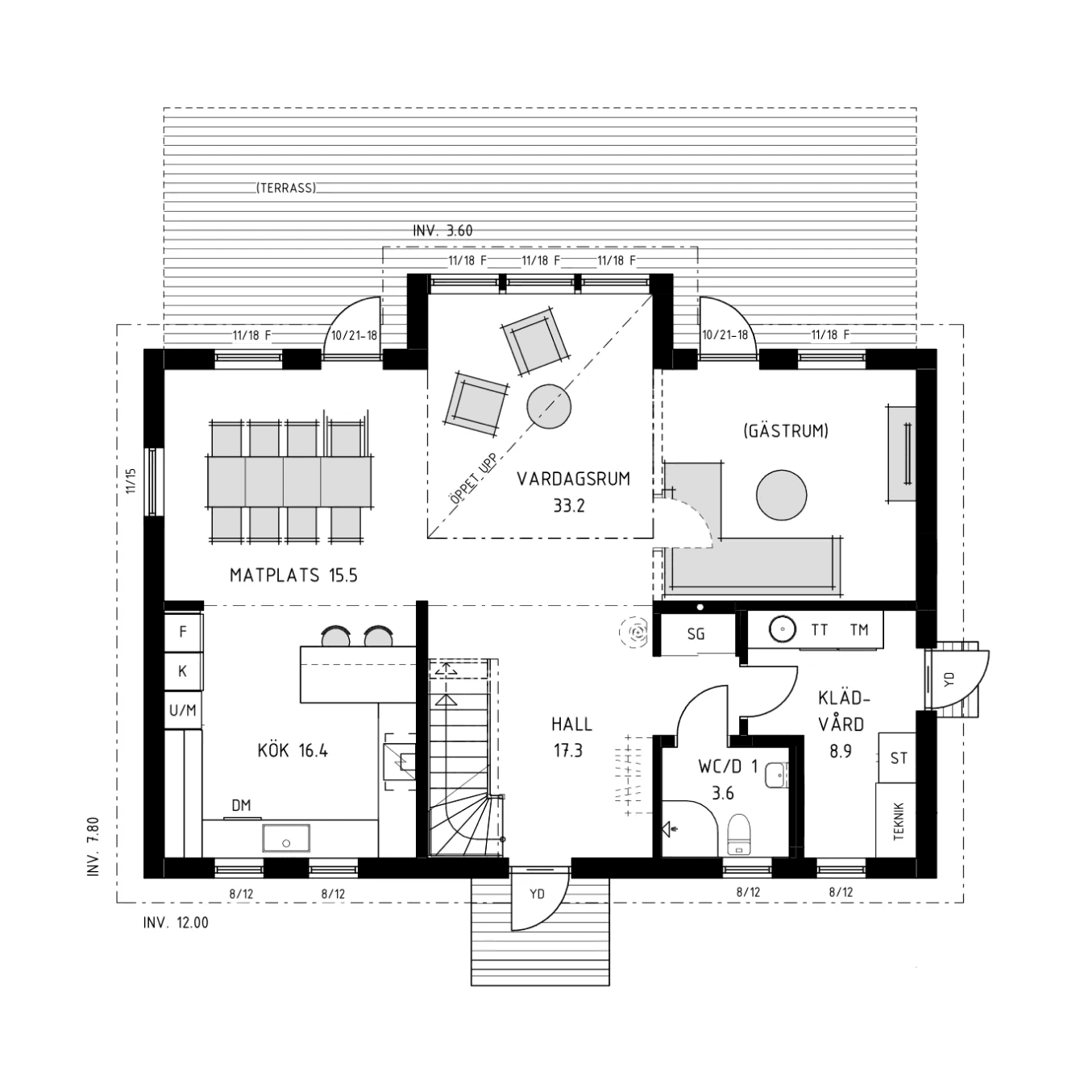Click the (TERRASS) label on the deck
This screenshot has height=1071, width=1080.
[286, 188]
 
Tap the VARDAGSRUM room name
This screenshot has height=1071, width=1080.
[573, 479]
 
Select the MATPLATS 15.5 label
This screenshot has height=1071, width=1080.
[293, 575]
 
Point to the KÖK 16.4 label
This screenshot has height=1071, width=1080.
[293, 750]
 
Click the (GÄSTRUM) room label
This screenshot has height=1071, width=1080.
[786, 431]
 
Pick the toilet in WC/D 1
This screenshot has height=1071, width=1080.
[739, 835]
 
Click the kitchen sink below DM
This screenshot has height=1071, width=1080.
[286, 838]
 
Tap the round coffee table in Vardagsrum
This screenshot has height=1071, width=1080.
[549, 406]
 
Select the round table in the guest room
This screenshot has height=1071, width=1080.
[781, 496]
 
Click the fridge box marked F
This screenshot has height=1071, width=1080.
[183, 632]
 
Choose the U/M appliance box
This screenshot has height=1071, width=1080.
[183, 711]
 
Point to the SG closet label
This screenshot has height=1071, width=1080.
[696, 634]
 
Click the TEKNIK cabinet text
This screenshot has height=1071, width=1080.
[899, 822]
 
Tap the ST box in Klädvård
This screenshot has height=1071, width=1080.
[898, 758]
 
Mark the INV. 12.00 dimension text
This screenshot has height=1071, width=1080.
[176, 923]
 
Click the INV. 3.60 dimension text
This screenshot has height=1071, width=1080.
[442, 230]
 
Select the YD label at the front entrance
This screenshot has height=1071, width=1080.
[537, 895]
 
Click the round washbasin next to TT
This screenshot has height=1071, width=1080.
[783, 629]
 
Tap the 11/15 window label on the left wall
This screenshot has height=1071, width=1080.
[131, 480]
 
